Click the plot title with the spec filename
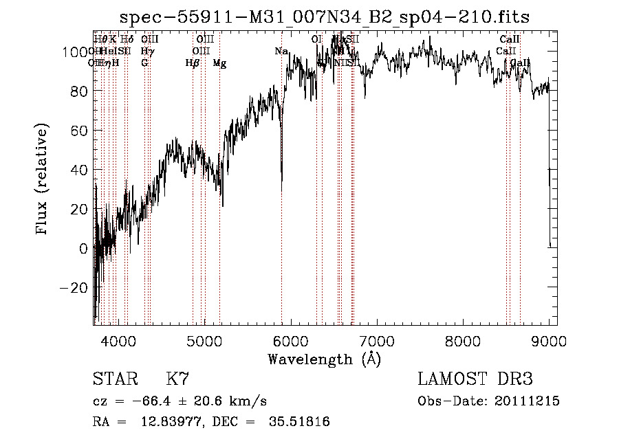point(325,17)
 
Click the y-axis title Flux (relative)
point(43,179)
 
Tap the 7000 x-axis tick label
point(377,339)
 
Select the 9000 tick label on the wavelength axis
point(549,339)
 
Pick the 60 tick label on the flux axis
point(78,130)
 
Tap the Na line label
point(281,52)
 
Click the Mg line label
point(219,63)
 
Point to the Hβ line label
point(193,63)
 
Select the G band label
point(144,63)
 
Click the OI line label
point(317,40)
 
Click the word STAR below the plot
point(113,379)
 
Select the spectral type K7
point(177,379)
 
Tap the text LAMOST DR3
point(475,379)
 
